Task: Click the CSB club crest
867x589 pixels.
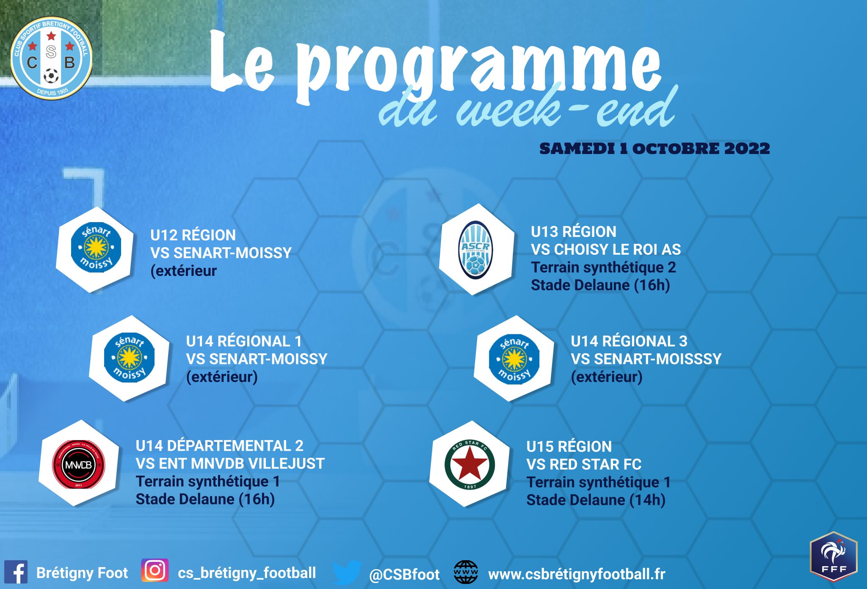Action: point(51,59)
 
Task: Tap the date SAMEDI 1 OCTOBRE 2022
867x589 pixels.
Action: point(654,149)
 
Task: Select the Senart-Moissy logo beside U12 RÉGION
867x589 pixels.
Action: point(96,248)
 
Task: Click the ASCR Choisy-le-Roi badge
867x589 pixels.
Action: point(476,250)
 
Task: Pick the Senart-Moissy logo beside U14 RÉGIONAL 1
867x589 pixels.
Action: point(129,358)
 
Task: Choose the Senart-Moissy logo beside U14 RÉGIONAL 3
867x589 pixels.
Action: point(514,359)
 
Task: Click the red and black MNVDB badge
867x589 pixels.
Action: point(78,464)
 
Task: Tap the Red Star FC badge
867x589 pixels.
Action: point(470,465)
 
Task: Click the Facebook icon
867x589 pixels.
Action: point(16,572)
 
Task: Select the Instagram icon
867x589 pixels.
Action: point(155,570)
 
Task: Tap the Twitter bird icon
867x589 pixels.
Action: point(347,572)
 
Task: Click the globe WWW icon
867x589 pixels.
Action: point(466,572)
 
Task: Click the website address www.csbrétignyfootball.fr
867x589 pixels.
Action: point(577,574)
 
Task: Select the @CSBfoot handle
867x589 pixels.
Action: point(404,575)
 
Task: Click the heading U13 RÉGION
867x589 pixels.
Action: point(574,232)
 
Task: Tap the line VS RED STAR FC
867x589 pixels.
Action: point(584,465)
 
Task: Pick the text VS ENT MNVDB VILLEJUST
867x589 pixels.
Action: point(230,464)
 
